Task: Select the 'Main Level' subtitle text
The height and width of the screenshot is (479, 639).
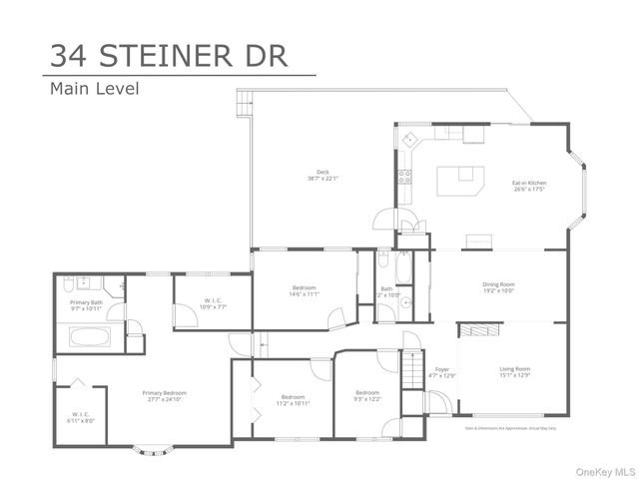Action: point(94,89)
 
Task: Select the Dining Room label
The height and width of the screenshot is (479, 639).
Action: point(498,286)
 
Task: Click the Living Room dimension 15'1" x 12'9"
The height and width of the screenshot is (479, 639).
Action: point(514,375)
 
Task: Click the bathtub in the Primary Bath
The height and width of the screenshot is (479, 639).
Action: point(89,337)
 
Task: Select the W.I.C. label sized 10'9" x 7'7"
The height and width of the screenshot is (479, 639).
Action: point(212,302)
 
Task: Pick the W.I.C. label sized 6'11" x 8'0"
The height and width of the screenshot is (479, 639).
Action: point(81,417)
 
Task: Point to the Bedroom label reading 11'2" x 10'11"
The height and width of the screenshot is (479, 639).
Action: point(293,399)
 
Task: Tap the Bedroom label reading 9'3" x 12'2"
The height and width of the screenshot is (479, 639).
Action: point(366,395)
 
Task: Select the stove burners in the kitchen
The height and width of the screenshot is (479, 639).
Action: point(404,178)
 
